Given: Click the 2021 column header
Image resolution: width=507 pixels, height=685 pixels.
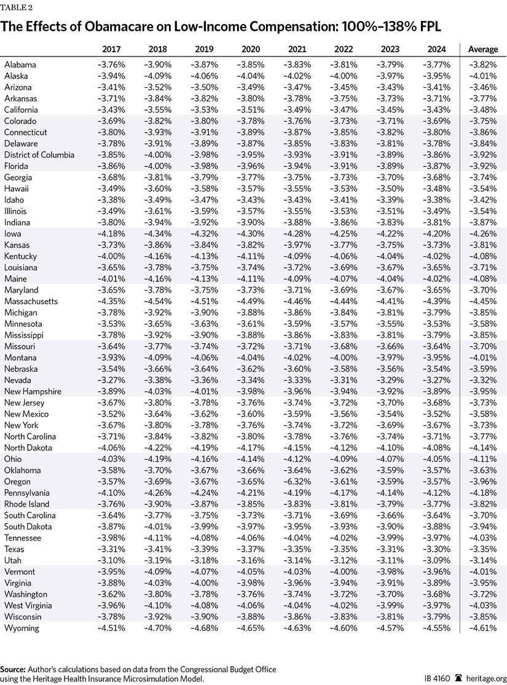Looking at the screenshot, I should [297, 49].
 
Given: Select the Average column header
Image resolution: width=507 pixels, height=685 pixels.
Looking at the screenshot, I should [483, 49].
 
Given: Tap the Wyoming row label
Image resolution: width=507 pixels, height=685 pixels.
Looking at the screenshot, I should [22, 628].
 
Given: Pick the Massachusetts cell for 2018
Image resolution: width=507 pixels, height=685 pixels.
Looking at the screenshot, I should [159, 301].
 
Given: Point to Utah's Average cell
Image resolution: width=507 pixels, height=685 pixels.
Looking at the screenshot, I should [483, 560].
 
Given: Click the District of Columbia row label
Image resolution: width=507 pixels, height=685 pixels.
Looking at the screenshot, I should [39, 155].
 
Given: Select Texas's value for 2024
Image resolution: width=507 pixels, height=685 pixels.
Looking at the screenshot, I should [436, 549].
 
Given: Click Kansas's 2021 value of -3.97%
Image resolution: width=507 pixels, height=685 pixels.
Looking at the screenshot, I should [297, 245].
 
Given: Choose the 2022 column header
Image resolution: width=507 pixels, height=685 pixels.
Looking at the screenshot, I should [344, 49].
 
